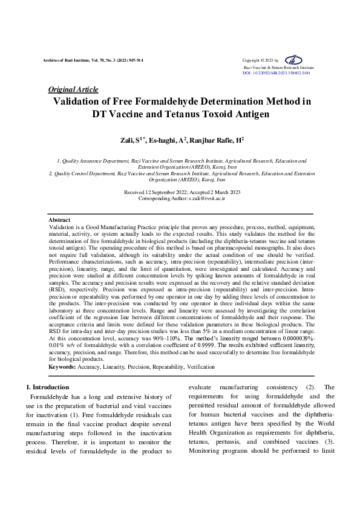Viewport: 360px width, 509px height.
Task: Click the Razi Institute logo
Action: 294,60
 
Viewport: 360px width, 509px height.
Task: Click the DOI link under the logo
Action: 276,73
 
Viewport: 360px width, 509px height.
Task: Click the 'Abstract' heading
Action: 59,220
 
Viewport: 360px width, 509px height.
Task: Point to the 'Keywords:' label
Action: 62,367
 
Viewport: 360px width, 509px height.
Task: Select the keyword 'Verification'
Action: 200,367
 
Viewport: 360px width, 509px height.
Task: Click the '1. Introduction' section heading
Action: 47,387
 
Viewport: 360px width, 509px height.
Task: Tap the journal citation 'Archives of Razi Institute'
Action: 69,61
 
